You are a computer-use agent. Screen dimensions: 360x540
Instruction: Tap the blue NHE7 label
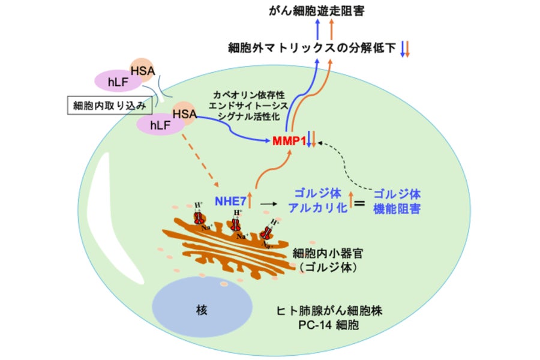point(230,200)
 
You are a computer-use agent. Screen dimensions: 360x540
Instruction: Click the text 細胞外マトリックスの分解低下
point(312,48)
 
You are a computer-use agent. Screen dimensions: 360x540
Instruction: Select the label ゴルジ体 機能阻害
point(396,202)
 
